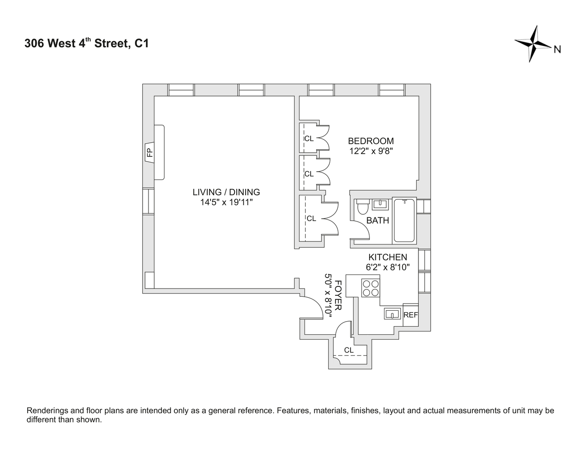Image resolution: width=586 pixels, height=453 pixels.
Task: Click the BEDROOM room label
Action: [371, 141]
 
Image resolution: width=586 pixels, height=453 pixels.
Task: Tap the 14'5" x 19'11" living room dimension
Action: [226, 202]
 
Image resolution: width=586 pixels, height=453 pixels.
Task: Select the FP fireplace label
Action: [149, 153]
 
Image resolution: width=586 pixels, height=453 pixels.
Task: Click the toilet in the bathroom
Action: [363, 207]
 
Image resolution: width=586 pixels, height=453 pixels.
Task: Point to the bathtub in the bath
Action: [404, 221]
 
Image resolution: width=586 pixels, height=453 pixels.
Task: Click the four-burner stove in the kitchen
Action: [370, 288]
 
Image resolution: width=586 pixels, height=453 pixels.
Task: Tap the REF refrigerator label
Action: [410, 315]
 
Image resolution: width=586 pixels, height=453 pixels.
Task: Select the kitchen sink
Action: [392, 314]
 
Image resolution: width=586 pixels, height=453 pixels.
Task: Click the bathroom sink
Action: [380, 204]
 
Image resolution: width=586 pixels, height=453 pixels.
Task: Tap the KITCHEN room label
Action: [388, 257]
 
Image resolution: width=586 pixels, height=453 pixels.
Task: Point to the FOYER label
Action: [338, 295]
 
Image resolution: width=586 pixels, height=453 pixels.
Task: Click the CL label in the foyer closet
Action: [349, 350]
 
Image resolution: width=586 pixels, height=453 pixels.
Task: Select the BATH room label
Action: [378, 221]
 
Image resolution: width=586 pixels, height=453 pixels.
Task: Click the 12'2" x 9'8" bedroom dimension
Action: [371, 151]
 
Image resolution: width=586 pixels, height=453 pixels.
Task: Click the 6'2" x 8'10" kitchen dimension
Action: [388, 267]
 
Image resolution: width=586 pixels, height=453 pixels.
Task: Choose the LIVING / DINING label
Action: [226, 192]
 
